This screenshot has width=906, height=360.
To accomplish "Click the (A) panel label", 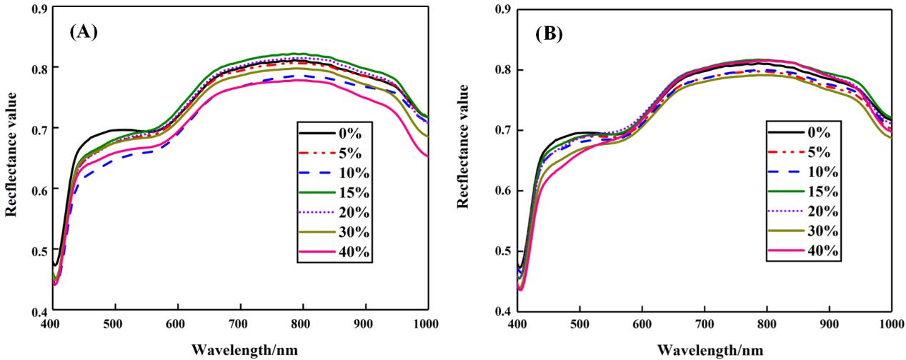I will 84,32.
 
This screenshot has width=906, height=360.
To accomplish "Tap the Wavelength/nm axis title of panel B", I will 703,350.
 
